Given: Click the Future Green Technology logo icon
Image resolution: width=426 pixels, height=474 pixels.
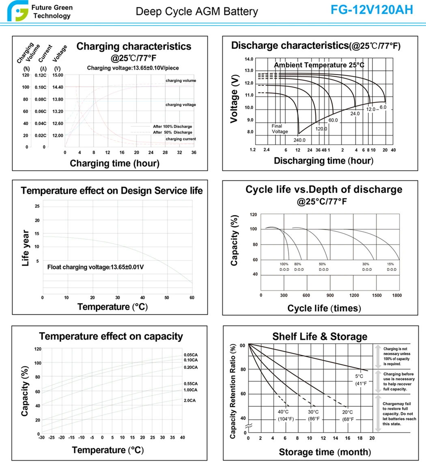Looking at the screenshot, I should coord(16,11).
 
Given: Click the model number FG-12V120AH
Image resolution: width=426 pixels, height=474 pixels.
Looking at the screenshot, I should coord(372,10).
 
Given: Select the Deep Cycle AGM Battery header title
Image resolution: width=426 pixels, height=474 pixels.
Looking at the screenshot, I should coord(196,11).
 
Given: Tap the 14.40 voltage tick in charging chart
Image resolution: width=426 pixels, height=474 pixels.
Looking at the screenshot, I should coord(58,87).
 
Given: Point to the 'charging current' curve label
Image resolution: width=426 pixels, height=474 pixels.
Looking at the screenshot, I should coord(181,139).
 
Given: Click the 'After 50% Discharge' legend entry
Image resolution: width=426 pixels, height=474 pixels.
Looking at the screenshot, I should coord(172,133).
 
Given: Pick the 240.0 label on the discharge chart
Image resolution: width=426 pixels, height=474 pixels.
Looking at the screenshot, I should coord(299,140).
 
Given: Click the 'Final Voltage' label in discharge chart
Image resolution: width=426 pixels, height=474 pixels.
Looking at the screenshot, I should coord(280,129).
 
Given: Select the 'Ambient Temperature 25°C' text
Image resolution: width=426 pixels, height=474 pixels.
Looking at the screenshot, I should coord(319,65).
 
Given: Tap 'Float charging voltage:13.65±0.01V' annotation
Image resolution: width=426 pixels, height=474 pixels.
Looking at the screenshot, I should coord(95,267).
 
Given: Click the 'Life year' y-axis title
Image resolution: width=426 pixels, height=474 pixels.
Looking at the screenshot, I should coord(26,248).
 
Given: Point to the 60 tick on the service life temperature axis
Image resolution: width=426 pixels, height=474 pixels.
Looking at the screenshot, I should coord(192,298).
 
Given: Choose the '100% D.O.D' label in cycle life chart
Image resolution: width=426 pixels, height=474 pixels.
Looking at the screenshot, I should coord(284,267).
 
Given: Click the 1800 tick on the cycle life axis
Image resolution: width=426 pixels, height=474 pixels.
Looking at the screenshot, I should coord(397,296).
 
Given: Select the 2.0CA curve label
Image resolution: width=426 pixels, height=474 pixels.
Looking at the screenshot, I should coord(189,400).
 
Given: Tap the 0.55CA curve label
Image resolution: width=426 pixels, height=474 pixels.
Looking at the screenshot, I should coord(190,384).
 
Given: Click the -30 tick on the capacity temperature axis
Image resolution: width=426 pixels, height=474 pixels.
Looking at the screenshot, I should coord(41,437).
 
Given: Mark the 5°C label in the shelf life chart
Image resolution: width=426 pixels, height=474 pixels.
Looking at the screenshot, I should coord(359,376).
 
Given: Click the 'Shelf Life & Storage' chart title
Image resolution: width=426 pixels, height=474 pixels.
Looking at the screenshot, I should coord(320,337).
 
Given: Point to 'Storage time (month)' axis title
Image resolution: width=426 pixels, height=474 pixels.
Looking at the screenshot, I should coord(325,452).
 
